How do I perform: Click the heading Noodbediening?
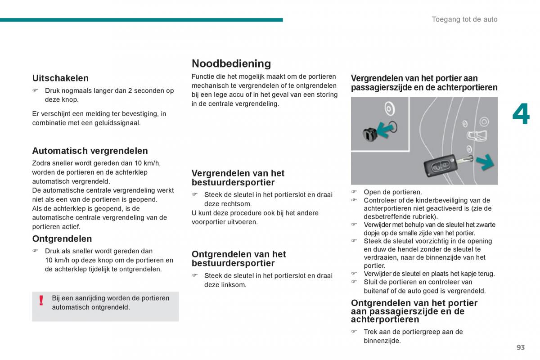[231, 63]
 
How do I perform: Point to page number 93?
[521, 347]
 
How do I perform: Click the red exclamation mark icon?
[41, 301]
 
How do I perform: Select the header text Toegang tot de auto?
[464, 19]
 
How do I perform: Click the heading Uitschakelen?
[60, 78]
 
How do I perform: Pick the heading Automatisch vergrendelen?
[90, 151]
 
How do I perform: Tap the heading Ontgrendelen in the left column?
[62, 238]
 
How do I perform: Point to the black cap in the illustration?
[370, 134]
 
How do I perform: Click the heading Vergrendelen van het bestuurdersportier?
[238, 178]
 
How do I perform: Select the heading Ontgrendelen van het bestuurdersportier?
[238, 259]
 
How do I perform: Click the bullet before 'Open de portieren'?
[354, 192]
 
